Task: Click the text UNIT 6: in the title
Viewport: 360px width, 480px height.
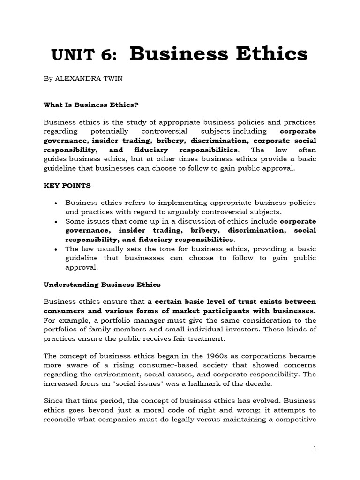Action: pos(82,55)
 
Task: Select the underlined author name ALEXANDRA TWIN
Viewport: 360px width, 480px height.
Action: pos(89,79)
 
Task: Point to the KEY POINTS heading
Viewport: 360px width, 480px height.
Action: pos(67,185)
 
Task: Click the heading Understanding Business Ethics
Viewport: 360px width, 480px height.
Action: pos(102,284)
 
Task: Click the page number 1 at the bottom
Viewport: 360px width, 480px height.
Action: pos(315,448)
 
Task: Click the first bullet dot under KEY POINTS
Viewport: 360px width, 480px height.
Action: pos(56,202)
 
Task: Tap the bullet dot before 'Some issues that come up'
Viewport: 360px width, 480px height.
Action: pos(56,221)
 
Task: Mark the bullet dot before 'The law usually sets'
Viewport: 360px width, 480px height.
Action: pos(56,248)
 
